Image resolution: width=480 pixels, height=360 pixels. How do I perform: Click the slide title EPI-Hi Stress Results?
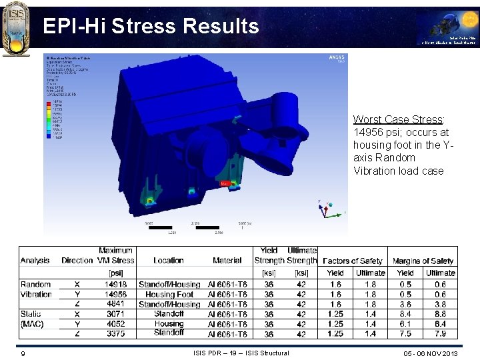[x=151, y=26]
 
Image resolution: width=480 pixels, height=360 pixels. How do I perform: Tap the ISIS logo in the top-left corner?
[x=16, y=29]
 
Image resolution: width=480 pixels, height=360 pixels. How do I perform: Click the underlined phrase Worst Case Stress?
[x=397, y=119]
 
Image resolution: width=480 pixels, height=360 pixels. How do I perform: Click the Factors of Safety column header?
[x=352, y=261]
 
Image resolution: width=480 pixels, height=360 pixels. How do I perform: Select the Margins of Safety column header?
[x=423, y=261]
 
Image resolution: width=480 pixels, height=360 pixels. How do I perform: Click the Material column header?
[x=227, y=260]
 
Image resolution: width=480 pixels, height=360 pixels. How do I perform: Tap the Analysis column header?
[x=35, y=260]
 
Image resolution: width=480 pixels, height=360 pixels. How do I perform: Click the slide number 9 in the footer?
[x=23, y=353]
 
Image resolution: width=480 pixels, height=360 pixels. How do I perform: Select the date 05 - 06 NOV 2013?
[x=431, y=353]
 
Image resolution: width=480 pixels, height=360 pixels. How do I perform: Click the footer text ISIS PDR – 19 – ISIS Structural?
[x=241, y=353]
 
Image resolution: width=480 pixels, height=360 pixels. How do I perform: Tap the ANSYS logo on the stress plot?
[x=336, y=58]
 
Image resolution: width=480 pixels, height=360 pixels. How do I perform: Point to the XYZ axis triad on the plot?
[x=325, y=209]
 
